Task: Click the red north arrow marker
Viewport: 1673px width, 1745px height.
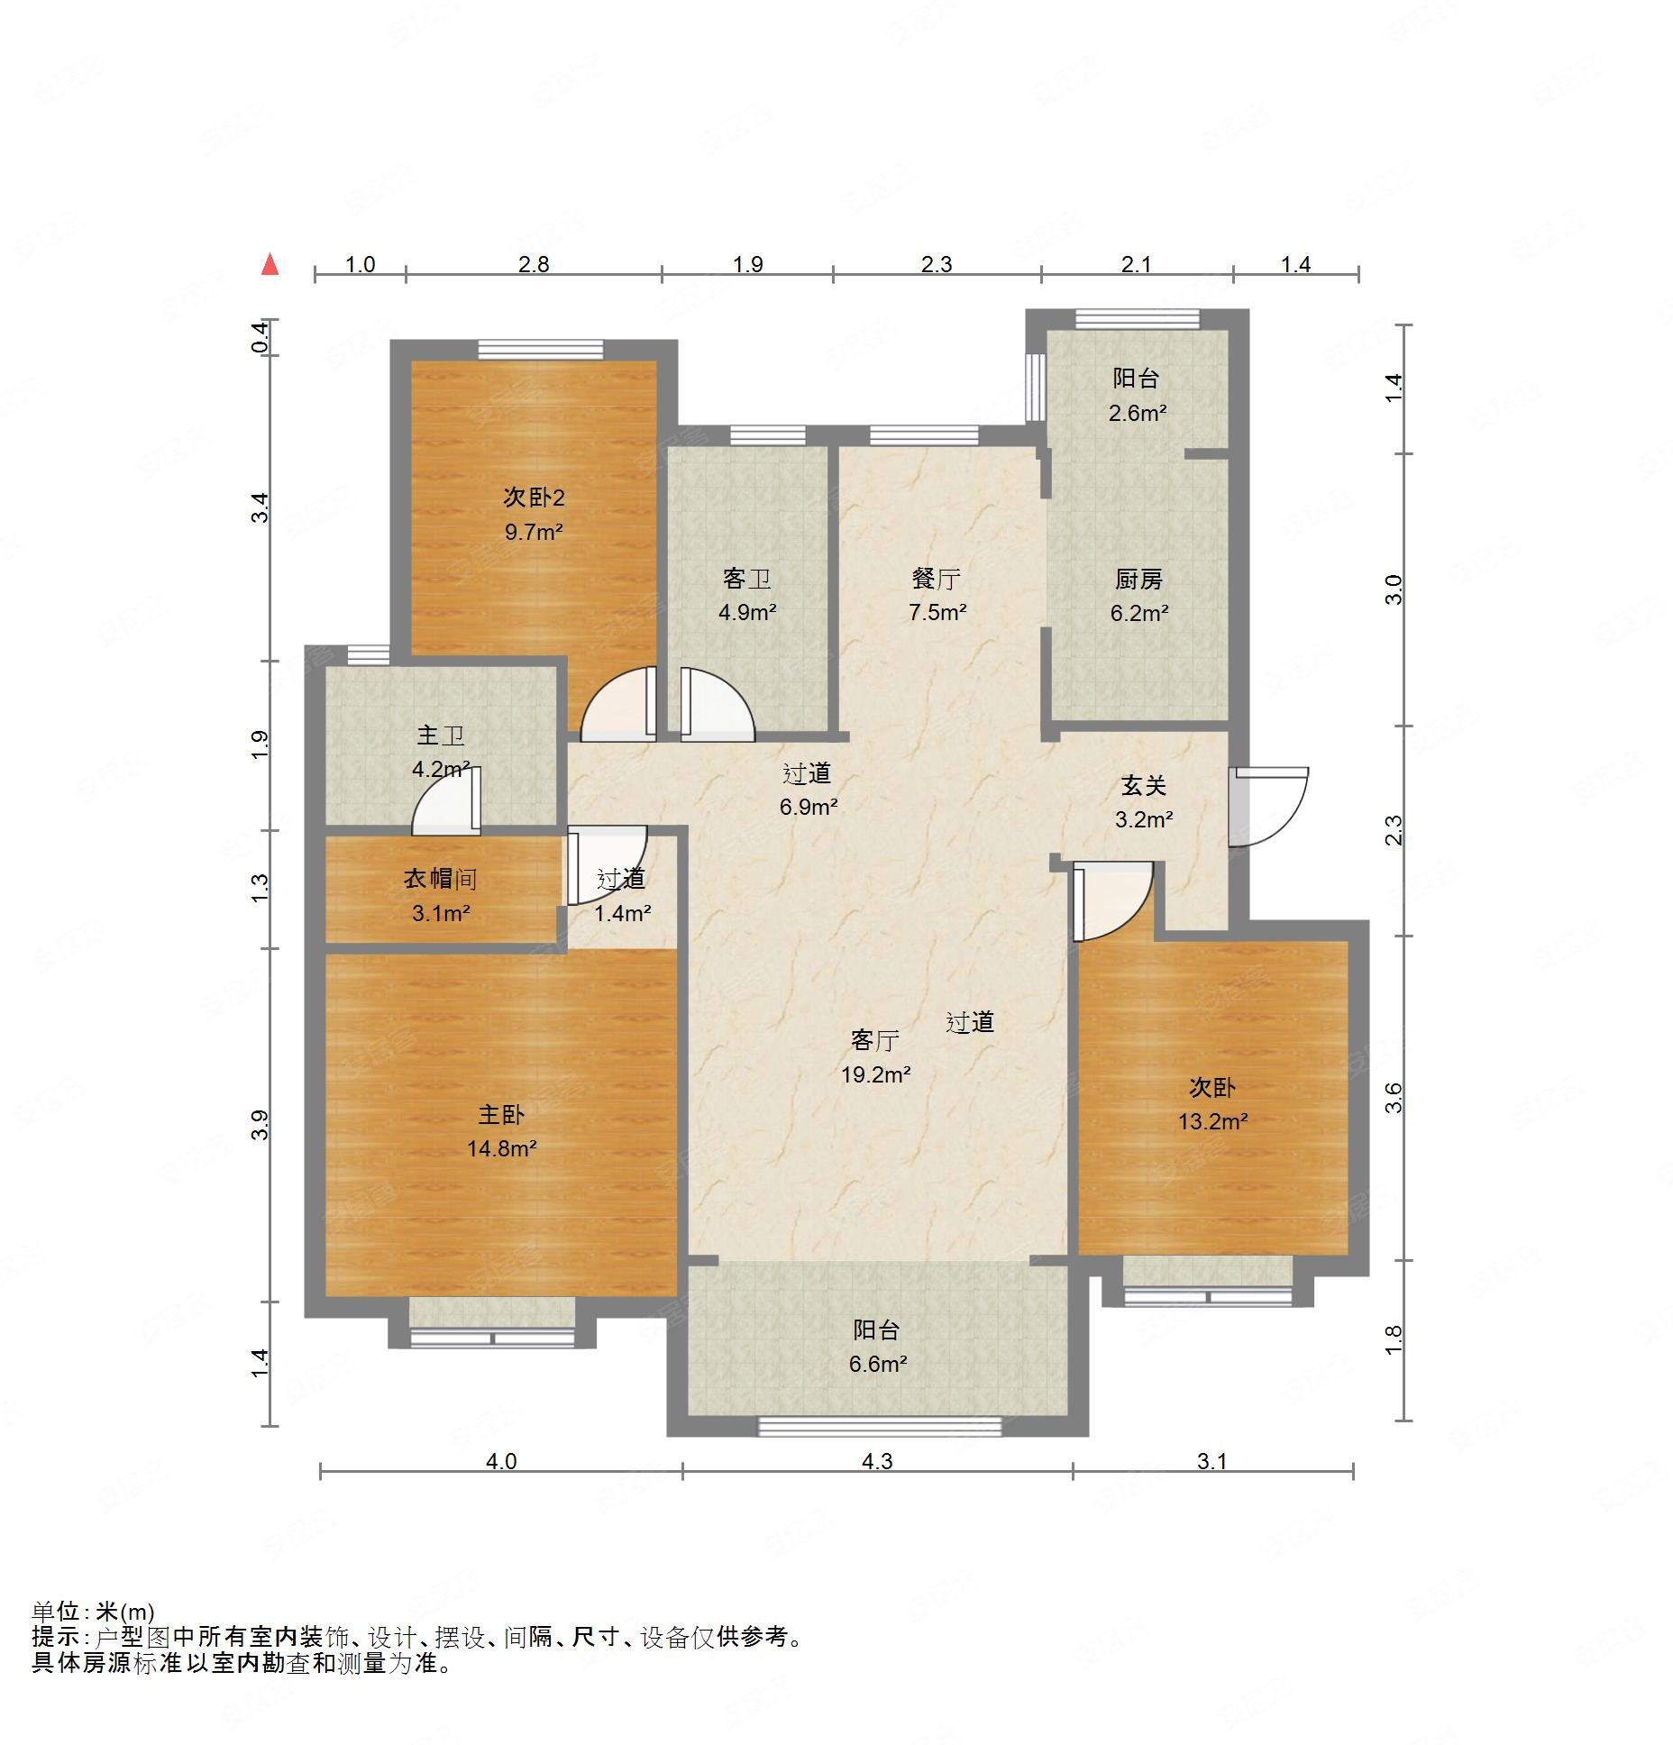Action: point(270,264)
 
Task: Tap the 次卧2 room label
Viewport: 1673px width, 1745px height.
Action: point(534,497)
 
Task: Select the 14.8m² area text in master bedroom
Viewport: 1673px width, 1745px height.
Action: point(501,1148)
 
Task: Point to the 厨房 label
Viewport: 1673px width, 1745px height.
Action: point(1138,579)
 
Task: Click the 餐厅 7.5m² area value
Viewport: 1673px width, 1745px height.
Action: point(937,613)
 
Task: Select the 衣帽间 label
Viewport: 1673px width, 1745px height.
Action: point(439,879)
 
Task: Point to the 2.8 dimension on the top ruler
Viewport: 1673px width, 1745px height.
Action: point(533,264)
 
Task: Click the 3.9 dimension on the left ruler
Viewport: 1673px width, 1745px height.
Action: point(261,1126)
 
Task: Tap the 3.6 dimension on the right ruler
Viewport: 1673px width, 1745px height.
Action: point(1394,1097)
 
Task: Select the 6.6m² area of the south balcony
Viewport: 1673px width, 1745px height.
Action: point(876,1364)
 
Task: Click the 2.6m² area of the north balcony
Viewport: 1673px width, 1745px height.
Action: point(1138,414)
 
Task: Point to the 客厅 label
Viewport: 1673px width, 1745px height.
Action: point(874,1041)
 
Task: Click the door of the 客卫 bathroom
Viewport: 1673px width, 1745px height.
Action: point(717,706)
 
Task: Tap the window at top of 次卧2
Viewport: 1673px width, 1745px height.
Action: point(540,349)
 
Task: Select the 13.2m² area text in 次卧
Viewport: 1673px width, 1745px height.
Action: point(1212,1122)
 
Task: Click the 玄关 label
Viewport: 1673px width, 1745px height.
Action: point(1143,786)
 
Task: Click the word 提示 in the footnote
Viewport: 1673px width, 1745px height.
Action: point(55,1637)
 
